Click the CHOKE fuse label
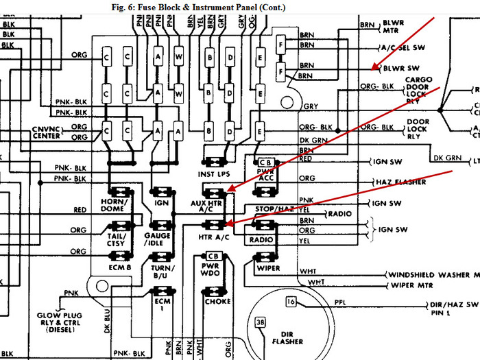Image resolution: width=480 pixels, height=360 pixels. click(217, 301)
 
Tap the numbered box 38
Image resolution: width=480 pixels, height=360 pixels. click(260, 322)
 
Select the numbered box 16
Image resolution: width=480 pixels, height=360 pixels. click(291, 302)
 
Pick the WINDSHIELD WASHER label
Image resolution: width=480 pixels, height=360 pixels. click(431, 274)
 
